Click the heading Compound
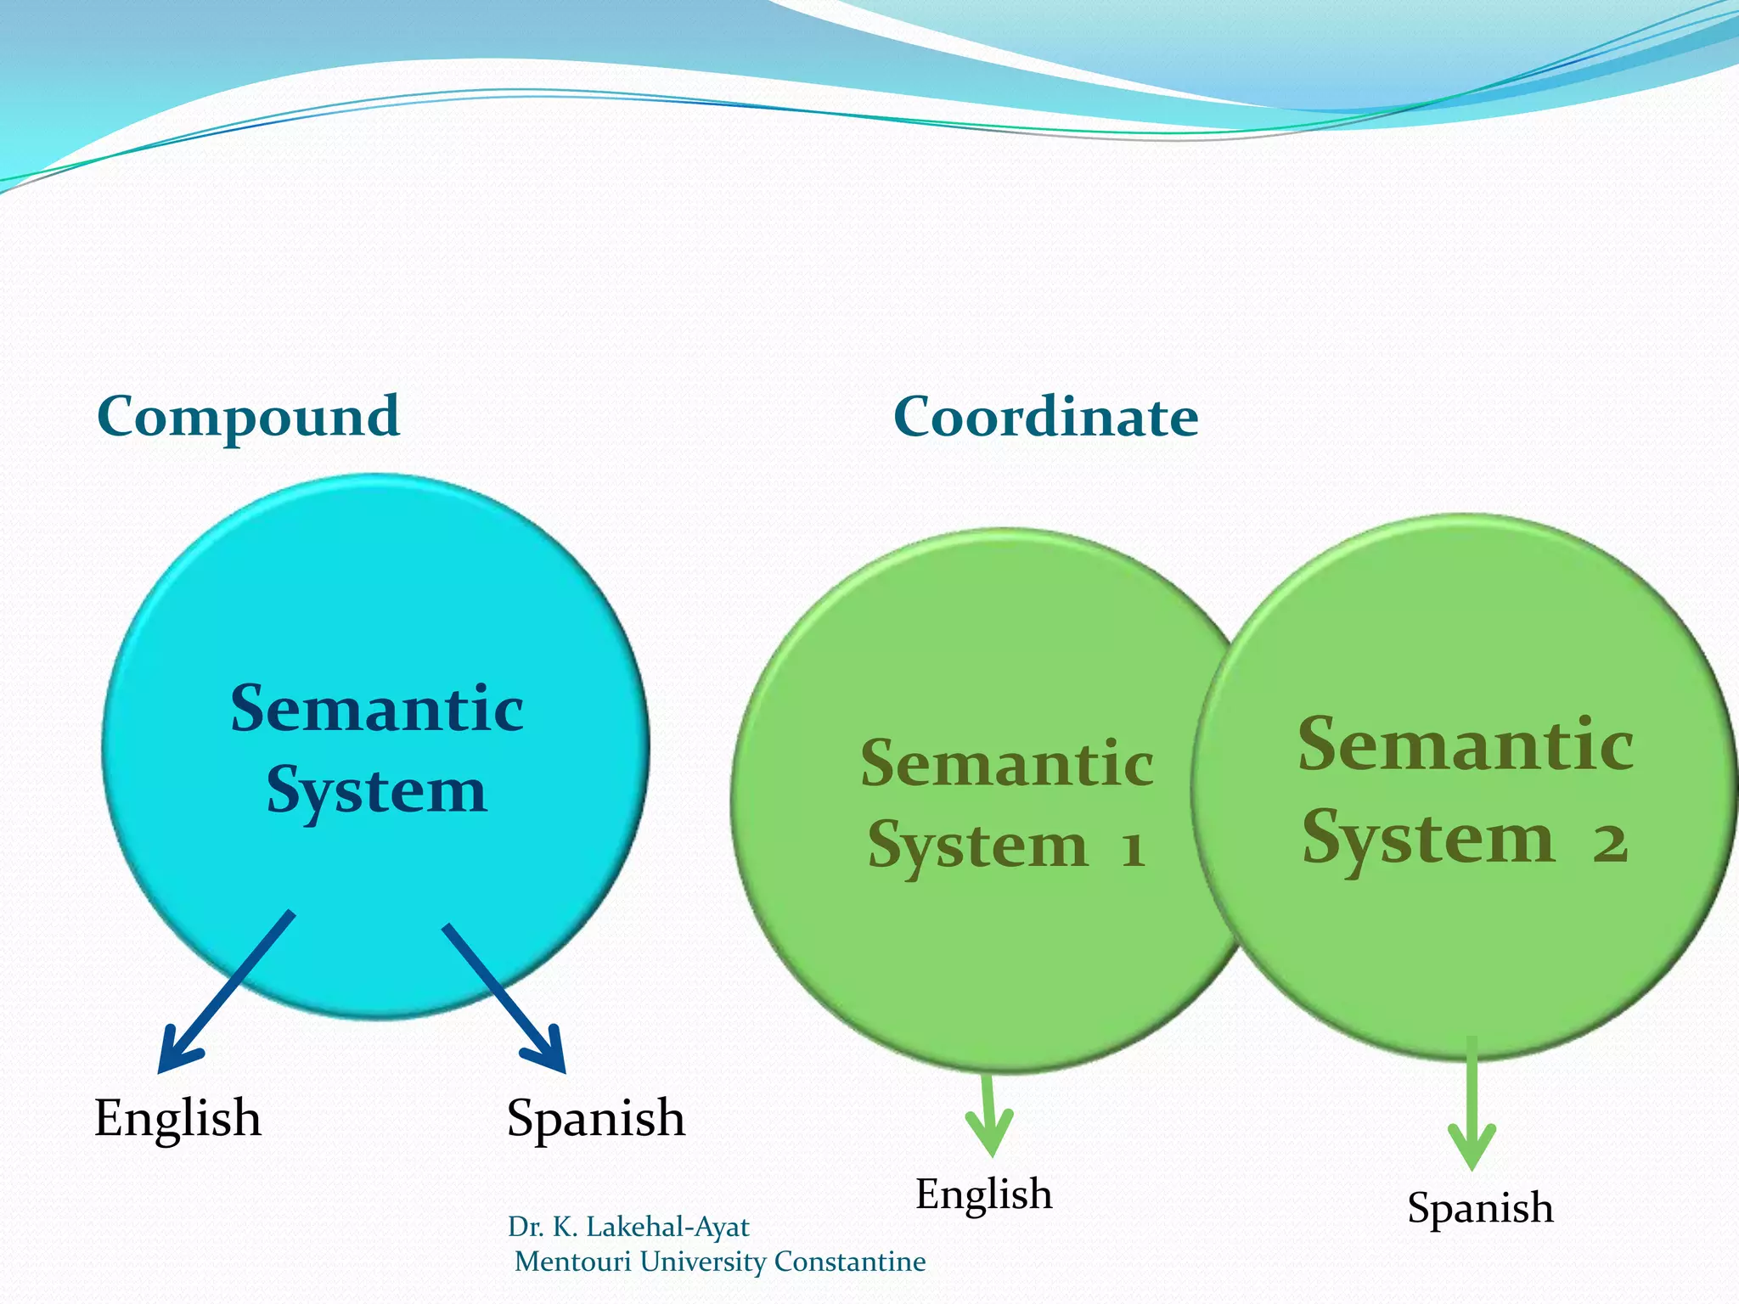248,417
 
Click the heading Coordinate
1045,417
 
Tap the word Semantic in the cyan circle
376,709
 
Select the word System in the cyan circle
376,791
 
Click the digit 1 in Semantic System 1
1133,849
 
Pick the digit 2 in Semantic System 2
1610,843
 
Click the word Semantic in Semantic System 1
1006,763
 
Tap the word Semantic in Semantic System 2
1465,745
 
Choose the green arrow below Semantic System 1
989,1116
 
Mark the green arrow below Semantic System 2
1472,1104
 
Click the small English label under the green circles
983,1194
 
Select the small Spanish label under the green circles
1480,1207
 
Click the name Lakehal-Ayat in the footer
667,1227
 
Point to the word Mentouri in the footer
573,1262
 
